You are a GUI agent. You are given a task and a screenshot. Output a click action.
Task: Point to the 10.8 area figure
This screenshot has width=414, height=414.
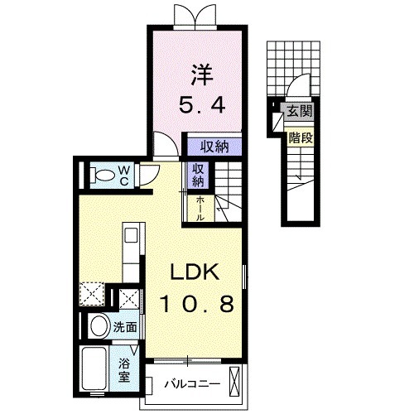195,304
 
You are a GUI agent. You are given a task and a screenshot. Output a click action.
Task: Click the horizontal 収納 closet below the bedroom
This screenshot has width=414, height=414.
214,147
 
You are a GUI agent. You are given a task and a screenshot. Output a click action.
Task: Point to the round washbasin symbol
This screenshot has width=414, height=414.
99,326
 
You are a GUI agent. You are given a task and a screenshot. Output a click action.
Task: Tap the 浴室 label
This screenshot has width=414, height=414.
124,369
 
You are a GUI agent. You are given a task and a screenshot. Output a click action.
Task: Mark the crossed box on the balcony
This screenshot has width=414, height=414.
236,383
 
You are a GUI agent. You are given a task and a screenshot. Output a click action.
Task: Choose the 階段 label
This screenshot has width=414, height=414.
300,137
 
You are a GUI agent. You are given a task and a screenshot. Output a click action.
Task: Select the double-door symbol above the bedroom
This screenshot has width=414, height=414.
190,15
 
